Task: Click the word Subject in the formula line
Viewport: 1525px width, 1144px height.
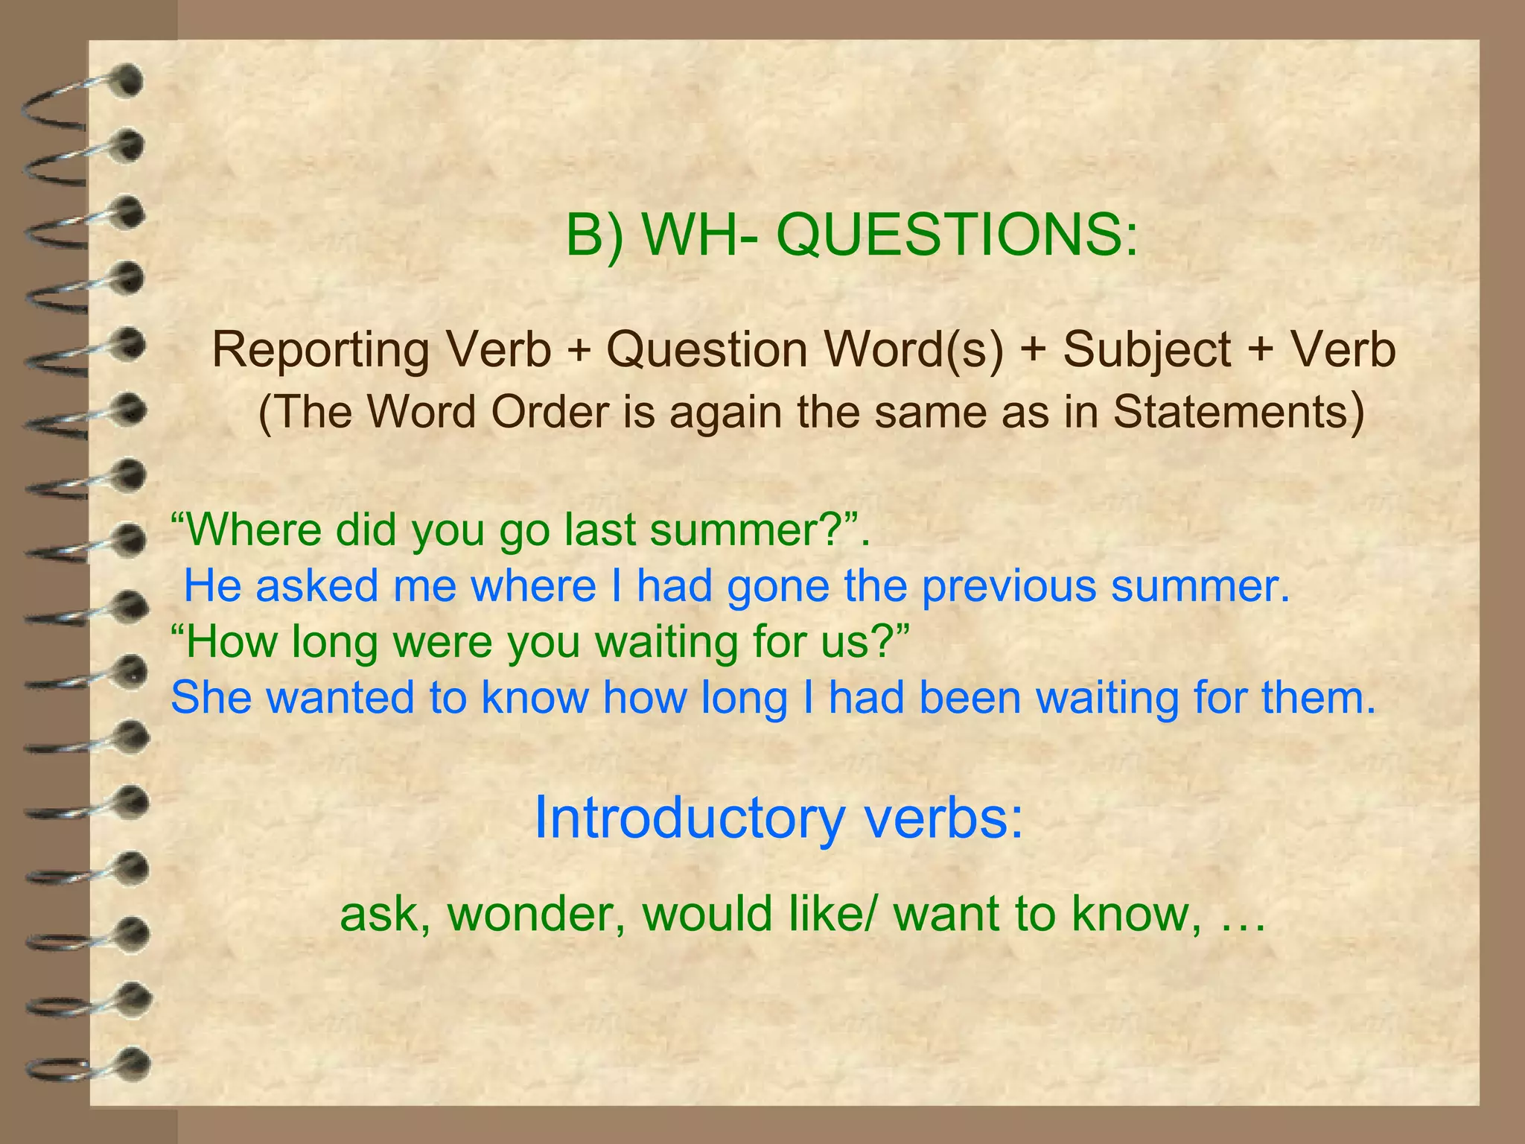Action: click(x=1147, y=350)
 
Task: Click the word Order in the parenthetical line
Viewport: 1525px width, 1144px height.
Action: click(x=550, y=412)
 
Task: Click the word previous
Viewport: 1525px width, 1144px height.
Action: click(x=1009, y=586)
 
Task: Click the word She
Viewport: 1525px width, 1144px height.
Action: click(x=211, y=698)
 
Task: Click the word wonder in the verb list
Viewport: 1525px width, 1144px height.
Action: click(x=535, y=915)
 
